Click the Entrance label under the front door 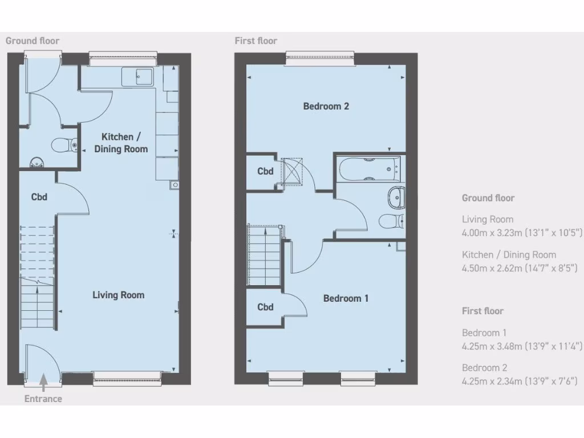[43, 399]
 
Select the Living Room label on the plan [119, 295]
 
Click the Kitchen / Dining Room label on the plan [124, 143]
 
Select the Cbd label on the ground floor [39, 197]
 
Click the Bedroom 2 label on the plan [326, 106]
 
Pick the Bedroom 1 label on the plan [346, 298]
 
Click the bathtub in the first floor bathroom [369, 168]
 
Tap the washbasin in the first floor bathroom [396, 197]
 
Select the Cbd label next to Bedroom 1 [265, 307]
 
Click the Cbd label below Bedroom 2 [265, 171]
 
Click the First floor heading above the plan [255, 40]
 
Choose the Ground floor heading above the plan [33, 40]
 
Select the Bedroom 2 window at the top [320, 56]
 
